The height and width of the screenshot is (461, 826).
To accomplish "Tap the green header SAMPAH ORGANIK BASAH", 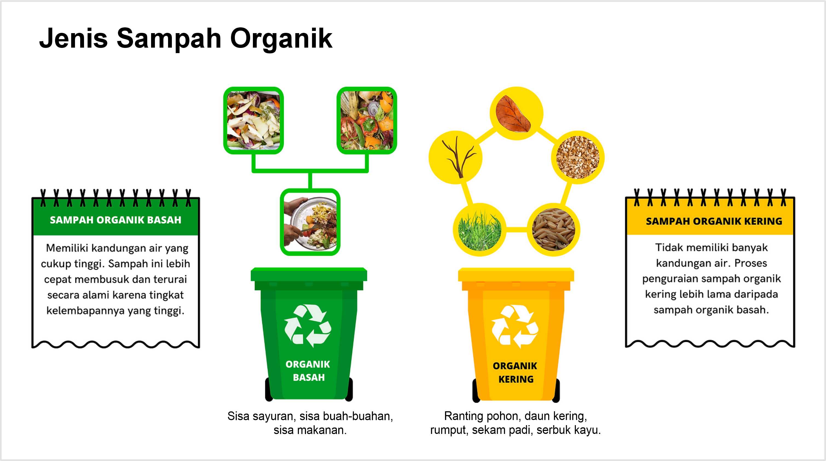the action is tap(115, 220).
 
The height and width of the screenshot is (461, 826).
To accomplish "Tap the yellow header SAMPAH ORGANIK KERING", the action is tap(714, 221).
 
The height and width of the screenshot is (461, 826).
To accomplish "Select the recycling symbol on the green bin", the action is tap(308, 326).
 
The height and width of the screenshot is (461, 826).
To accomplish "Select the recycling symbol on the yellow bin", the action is tap(515, 327).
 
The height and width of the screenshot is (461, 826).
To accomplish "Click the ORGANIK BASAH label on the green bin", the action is tap(308, 371).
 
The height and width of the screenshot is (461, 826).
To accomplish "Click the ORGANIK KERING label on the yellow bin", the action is tap(515, 373).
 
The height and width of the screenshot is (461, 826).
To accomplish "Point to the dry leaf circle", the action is tap(516, 113).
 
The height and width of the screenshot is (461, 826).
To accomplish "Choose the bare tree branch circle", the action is tap(455, 157).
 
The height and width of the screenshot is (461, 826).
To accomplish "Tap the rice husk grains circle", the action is tap(554, 229).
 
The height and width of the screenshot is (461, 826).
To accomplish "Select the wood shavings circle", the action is tap(578, 157).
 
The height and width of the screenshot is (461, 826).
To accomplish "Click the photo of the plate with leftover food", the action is tap(310, 222).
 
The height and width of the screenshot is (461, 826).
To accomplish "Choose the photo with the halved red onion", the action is tap(367, 120).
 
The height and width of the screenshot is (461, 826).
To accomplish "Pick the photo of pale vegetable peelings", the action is tap(253, 120).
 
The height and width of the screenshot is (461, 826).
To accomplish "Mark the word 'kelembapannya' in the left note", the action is tap(86, 310).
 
